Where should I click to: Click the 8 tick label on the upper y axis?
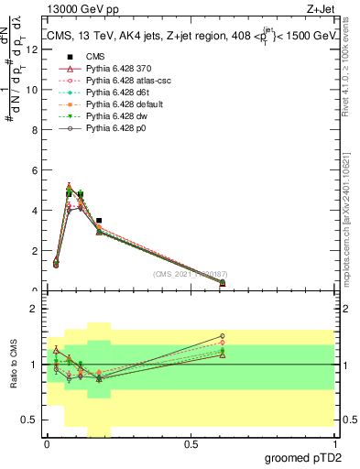pyautogui.click(x=36, y=130)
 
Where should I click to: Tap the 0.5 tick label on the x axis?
pyautogui.click(x=191, y=444)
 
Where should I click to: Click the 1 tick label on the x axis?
pyautogui.click(x=334, y=444)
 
